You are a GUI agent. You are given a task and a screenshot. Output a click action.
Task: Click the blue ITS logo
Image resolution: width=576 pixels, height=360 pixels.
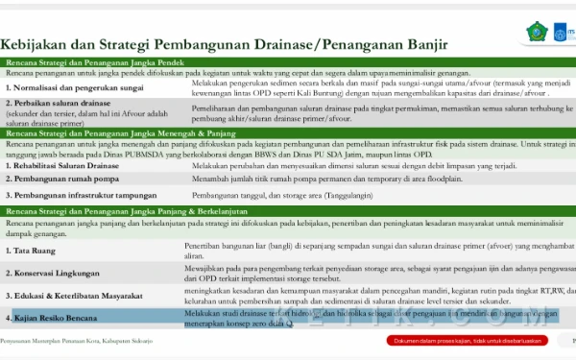click(566, 31)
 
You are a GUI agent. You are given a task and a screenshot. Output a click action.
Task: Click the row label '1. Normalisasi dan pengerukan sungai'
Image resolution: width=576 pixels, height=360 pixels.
click(78, 87)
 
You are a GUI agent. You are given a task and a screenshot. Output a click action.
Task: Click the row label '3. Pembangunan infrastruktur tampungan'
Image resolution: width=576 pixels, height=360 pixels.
click(81, 195)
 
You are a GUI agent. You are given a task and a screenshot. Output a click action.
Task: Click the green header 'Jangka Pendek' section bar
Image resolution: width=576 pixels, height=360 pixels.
click(288, 61)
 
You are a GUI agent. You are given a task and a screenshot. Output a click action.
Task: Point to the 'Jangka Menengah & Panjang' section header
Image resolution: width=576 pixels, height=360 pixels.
click(288, 132)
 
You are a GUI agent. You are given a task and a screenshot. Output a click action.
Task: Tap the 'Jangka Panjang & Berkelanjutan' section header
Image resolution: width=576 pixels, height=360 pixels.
click(288, 210)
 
